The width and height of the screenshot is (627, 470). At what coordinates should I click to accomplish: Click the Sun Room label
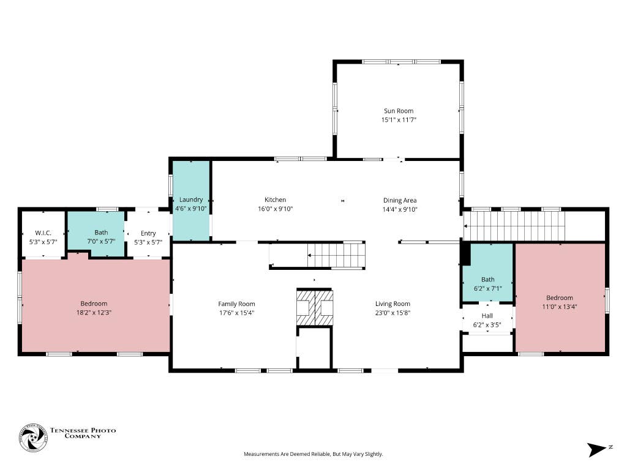(398, 111)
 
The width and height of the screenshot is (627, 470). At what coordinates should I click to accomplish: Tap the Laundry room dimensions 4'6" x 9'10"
(191, 208)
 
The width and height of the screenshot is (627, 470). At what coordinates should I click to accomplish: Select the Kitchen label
(275, 200)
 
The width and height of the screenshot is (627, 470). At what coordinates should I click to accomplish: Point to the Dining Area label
(399, 201)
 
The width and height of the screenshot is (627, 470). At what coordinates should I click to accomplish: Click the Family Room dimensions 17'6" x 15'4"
(236, 313)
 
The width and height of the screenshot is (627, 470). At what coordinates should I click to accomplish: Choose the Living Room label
(392, 304)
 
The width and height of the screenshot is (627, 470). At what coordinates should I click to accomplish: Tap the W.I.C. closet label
(43, 233)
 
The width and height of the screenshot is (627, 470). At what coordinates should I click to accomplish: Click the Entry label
(148, 233)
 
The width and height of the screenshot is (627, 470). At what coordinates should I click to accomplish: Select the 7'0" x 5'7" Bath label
(101, 233)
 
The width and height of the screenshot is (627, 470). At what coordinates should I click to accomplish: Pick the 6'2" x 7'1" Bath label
(487, 279)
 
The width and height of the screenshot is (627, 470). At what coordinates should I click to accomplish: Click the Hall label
(487, 316)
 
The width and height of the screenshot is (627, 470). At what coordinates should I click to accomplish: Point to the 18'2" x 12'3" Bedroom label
(94, 304)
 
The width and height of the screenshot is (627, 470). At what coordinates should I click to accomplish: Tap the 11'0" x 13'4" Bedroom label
(560, 298)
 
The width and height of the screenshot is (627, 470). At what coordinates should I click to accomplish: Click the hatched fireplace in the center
(314, 307)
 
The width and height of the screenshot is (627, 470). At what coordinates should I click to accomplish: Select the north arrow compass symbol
(597, 450)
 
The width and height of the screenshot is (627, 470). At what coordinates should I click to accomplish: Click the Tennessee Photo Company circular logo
(33, 438)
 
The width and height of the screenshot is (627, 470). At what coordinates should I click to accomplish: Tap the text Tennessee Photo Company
(83, 433)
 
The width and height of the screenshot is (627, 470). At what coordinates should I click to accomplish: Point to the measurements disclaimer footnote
(313, 454)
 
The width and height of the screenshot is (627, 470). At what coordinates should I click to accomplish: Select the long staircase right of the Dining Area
(514, 226)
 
